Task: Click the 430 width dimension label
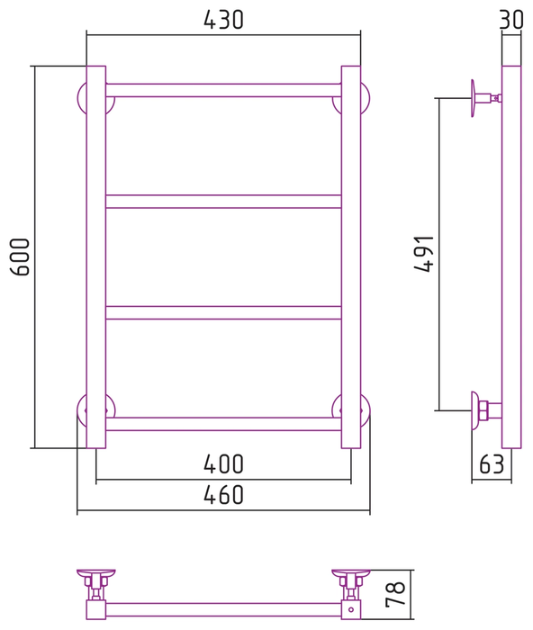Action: point(223,20)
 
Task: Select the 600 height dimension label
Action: point(20,256)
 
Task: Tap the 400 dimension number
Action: point(223,464)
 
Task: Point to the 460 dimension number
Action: point(223,495)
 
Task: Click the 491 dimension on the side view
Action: point(424,254)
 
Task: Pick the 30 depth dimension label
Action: point(511,19)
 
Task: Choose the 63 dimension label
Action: point(492,464)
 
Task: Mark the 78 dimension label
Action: point(395,594)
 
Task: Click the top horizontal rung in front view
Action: point(223,90)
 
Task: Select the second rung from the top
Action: point(223,202)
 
